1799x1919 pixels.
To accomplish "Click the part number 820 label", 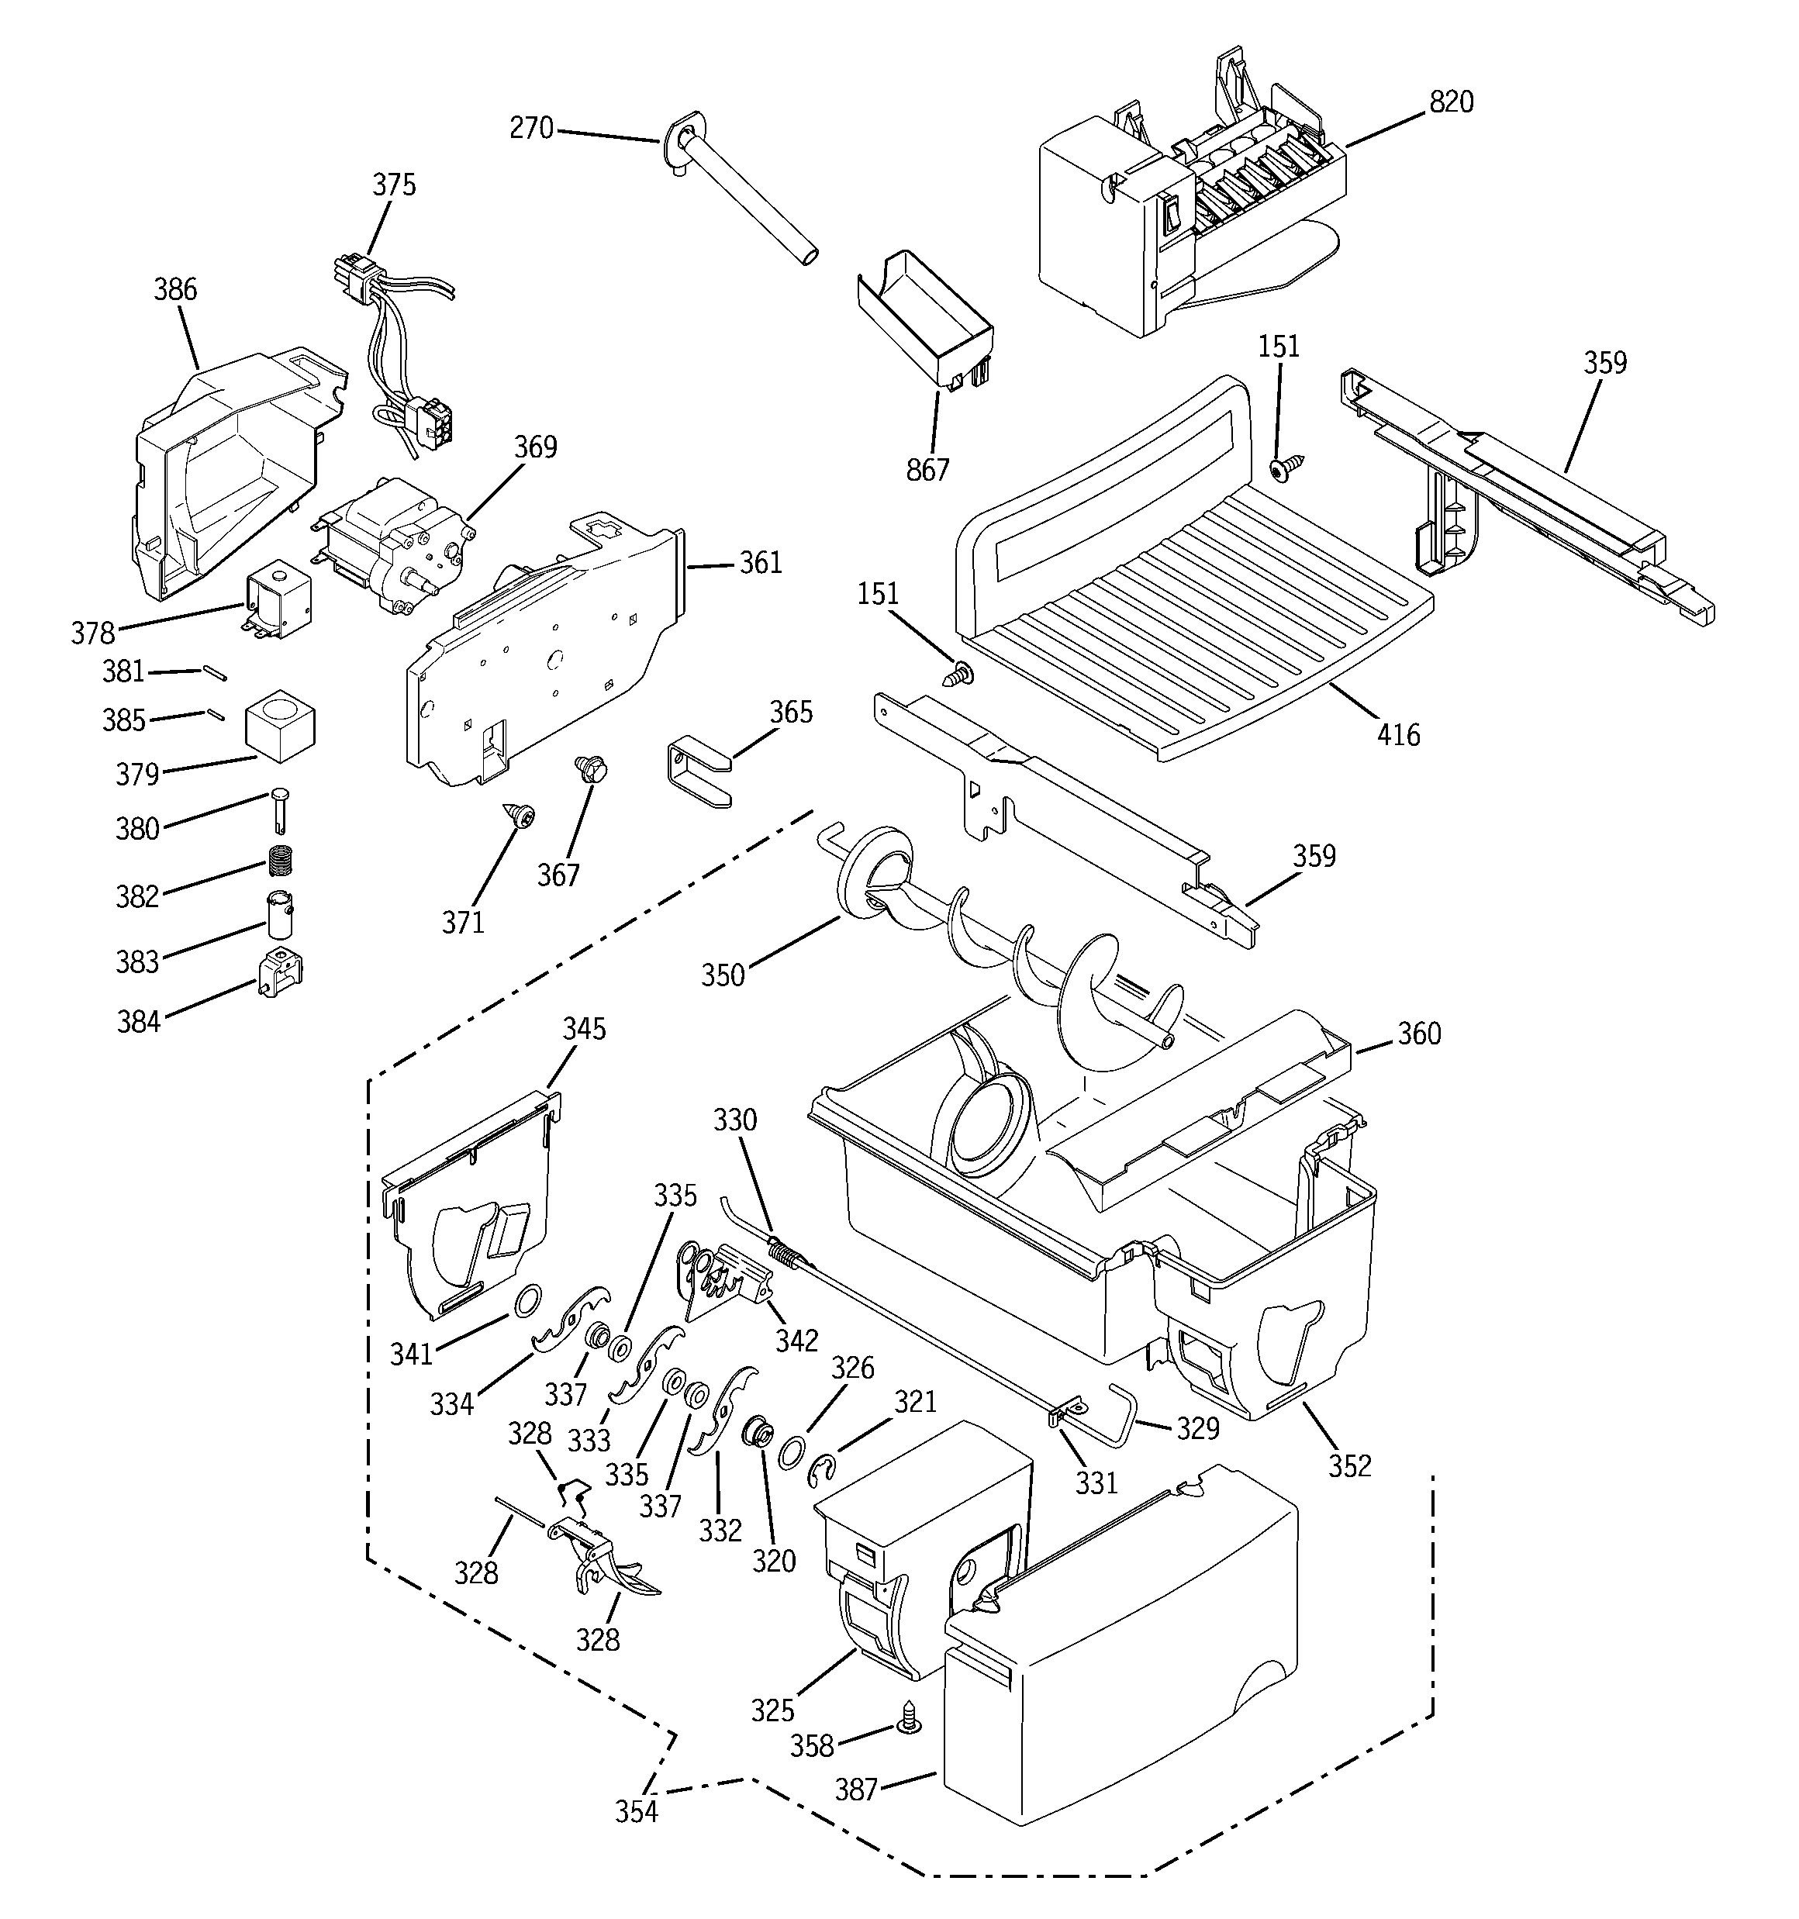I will tap(1452, 102).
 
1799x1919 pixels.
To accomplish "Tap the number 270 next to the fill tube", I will tap(531, 127).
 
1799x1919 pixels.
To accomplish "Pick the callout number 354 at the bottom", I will tap(637, 1812).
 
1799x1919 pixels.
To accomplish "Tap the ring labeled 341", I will tap(527, 1301).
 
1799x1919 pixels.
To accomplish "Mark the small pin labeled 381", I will tap(214, 673).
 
